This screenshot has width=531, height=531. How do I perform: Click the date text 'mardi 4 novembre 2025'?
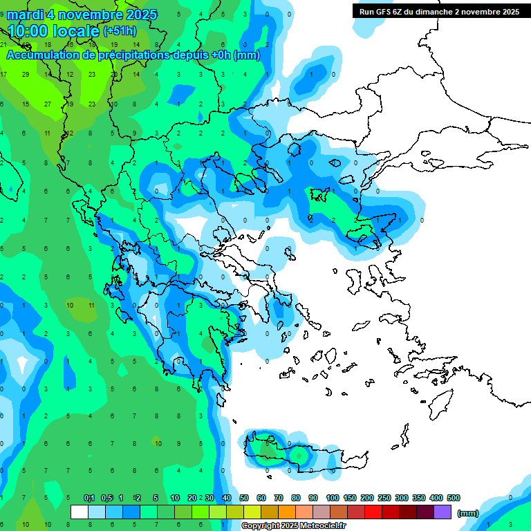82,15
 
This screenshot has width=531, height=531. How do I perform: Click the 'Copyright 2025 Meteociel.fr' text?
299,526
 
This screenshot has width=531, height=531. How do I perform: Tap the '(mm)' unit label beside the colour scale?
467,513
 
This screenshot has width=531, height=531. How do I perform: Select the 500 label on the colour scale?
454,498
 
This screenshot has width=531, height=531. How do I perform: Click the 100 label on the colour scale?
332,498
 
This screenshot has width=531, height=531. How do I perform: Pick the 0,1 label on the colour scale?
89,498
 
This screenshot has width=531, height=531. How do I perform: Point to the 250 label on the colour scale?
384,498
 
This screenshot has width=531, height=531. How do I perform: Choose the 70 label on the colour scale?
279,498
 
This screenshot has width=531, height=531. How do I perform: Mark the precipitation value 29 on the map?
26,74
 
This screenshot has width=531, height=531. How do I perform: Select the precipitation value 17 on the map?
3,74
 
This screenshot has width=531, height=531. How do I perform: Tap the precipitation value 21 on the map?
3,44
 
